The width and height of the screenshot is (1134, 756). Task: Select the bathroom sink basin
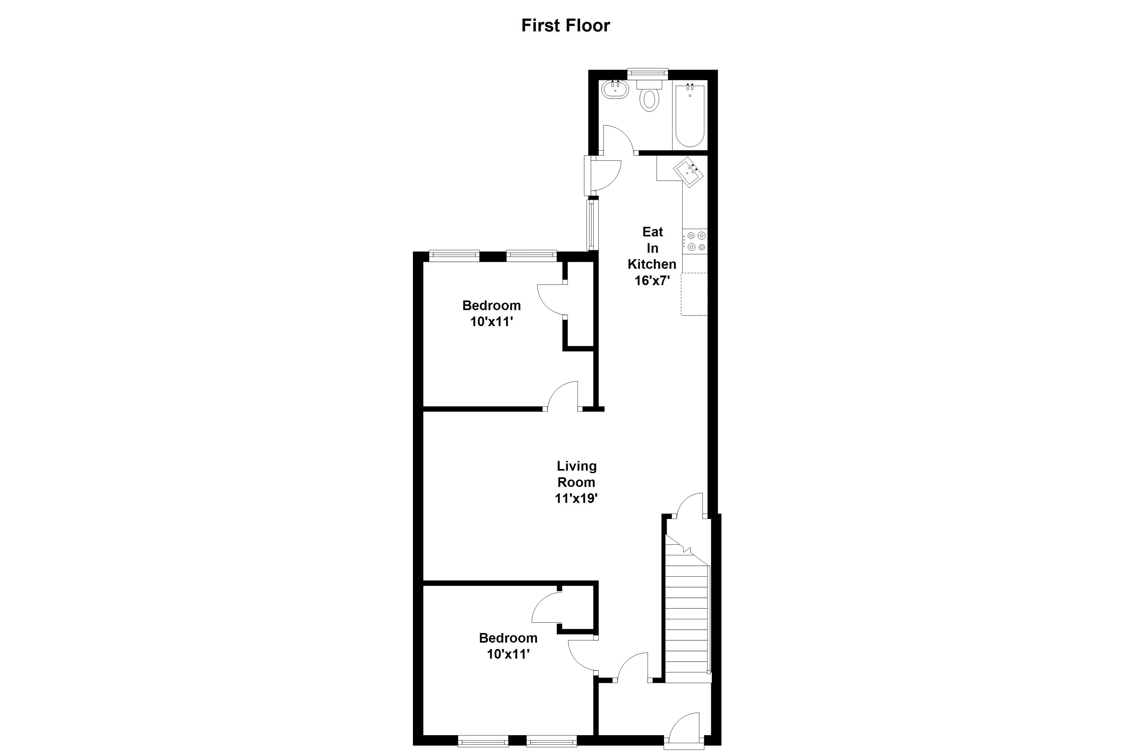click(616, 90)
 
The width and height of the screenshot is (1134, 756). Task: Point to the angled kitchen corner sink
click(688, 172)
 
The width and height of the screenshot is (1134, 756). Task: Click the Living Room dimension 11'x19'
click(576, 498)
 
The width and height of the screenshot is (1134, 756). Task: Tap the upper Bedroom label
click(491, 305)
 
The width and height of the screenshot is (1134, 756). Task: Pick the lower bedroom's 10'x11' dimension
click(508, 654)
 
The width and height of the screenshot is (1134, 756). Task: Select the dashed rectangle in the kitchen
click(694, 294)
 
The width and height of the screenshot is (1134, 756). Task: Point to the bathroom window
click(647, 73)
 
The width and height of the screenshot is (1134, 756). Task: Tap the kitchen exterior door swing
click(605, 175)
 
